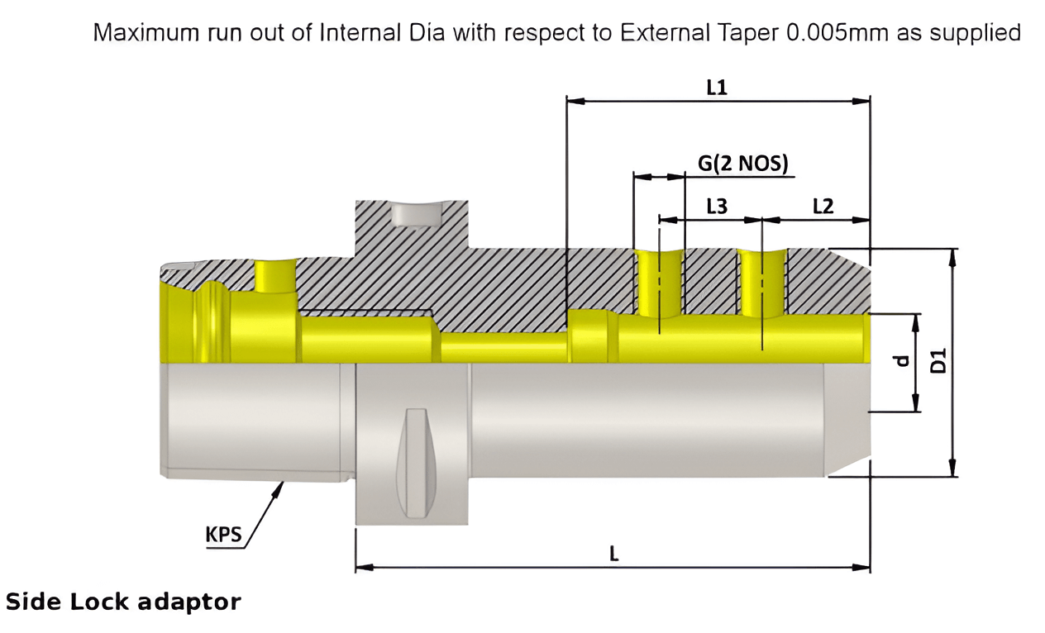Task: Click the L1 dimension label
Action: (716, 87)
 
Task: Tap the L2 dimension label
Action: (823, 207)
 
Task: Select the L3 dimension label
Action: (716, 207)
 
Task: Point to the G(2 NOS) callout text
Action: (742, 163)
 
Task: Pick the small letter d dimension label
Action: (903, 360)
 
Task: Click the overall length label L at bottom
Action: (613, 554)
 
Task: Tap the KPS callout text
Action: (223, 535)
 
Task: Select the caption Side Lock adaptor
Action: (123, 602)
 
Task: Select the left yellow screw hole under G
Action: (659, 283)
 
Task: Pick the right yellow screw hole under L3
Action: (762, 283)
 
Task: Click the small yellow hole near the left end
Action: (275, 275)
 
